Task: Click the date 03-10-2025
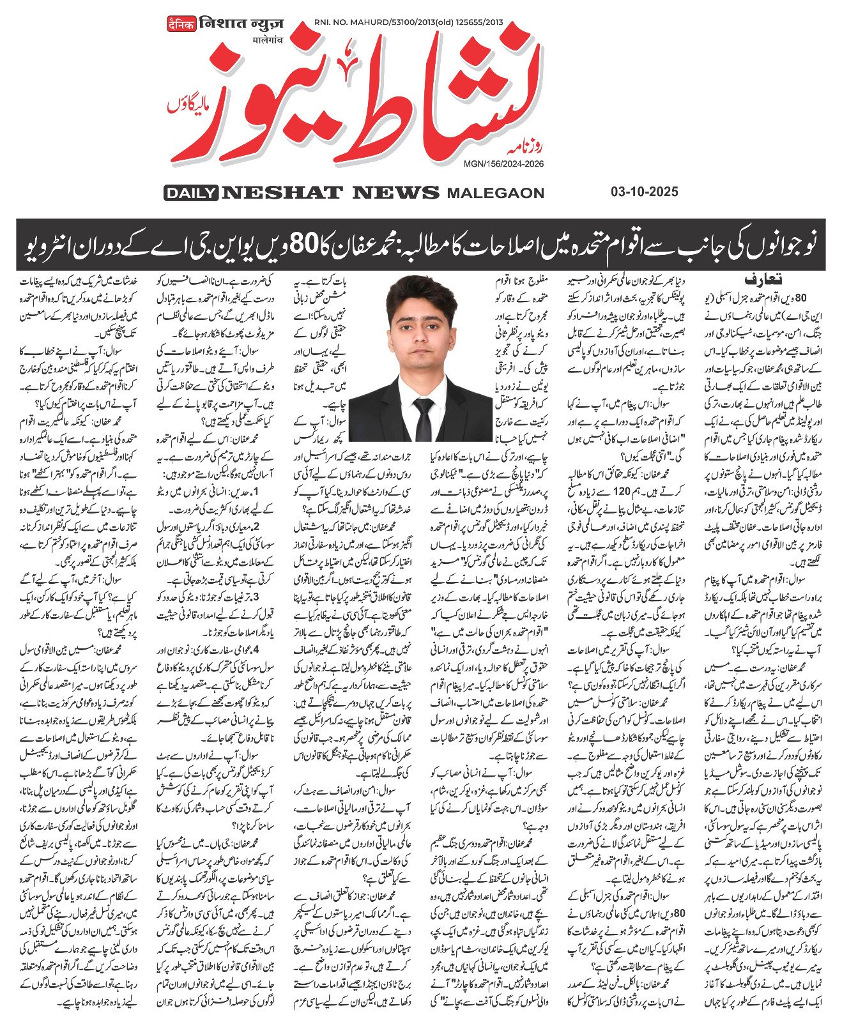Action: click(x=644, y=192)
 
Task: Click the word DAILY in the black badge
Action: click(x=190, y=192)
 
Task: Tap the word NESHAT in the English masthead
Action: click(x=282, y=192)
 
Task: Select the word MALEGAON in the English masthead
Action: click(x=495, y=193)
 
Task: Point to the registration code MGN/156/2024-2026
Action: click(x=504, y=164)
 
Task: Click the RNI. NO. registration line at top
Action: click(x=408, y=23)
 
